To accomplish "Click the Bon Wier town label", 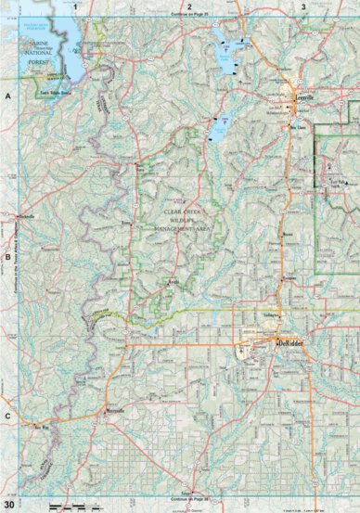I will coord(38,427).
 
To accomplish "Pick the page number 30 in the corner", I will coord(8,503).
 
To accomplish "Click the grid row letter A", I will coord(7,96).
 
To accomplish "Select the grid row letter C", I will coord(7,416).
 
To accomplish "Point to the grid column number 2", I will coord(188,6).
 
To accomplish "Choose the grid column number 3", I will coord(302,6).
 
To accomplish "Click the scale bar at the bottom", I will coord(70,505).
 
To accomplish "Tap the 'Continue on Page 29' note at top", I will coord(189,16).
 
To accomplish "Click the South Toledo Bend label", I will coord(56,93).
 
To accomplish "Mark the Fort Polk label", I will coord(337,184).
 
